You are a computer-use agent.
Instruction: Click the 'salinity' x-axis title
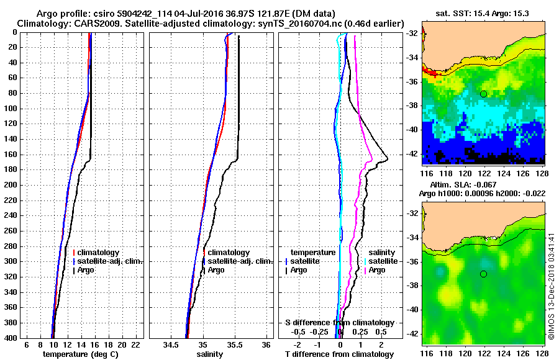pos(210,354)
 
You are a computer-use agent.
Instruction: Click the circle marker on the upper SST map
pos(483,94)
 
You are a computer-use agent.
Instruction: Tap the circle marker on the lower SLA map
pos(483,274)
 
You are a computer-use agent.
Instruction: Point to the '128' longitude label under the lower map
pos(541,352)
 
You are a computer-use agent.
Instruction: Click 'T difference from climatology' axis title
pos(339,354)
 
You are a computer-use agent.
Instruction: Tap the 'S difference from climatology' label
pos(339,323)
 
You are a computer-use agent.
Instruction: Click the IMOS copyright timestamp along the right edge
pos(551,286)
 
